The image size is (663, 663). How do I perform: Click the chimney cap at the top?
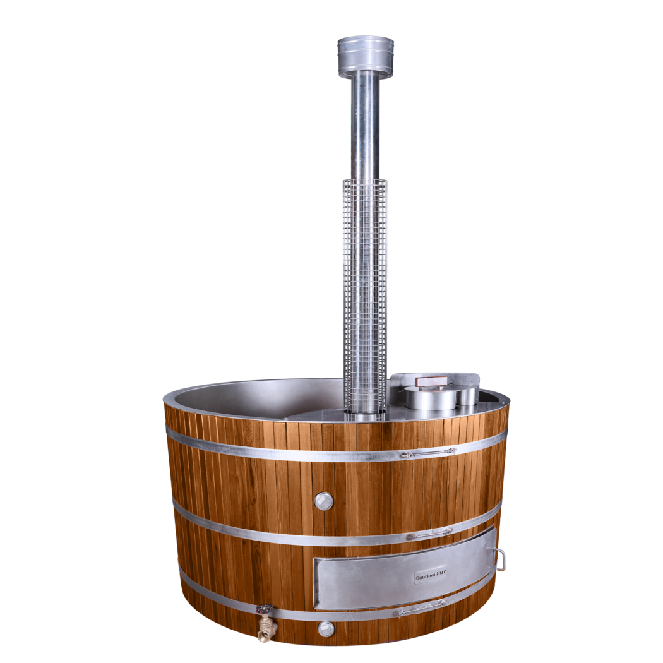[366, 57]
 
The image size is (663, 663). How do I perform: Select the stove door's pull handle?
[500, 559]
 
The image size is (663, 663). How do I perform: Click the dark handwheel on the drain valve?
[265, 609]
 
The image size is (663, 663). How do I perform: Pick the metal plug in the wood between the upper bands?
[323, 501]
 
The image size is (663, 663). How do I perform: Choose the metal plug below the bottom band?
[325, 629]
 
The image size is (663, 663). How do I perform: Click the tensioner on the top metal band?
[428, 453]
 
